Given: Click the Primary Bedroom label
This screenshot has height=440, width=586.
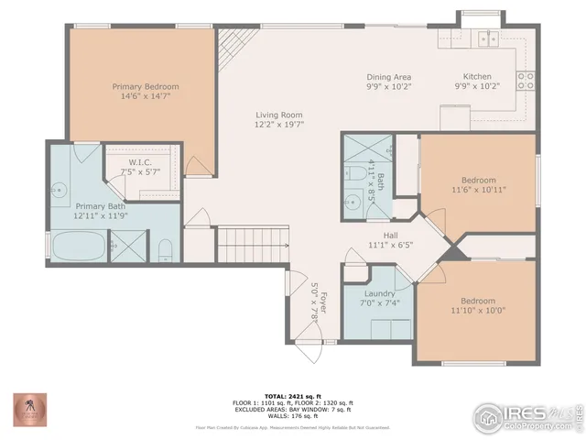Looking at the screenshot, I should [146, 86].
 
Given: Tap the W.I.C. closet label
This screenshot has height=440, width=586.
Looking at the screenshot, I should [140, 162].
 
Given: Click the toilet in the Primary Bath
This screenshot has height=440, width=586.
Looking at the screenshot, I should [164, 248].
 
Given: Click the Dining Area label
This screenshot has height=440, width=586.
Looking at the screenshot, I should [388, 77].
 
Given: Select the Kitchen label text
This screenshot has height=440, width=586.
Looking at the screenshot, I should [476, 77].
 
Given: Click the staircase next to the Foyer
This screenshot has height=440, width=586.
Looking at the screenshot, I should [254, 248].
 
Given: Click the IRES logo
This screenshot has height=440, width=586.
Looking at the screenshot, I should [526, 414].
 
